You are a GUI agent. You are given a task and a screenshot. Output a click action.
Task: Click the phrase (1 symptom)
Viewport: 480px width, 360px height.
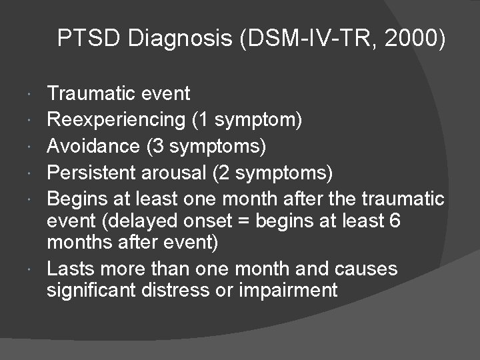247,119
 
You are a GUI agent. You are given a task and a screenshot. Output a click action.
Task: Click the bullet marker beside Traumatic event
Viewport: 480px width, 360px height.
33,93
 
